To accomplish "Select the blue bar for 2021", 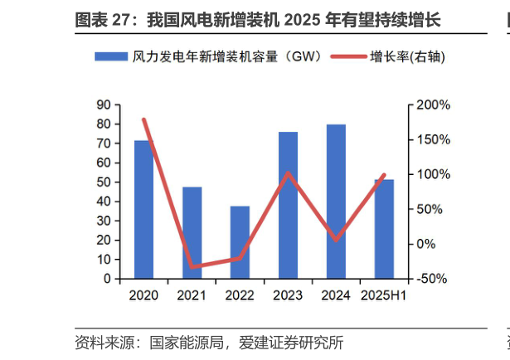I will (x=192, y=233).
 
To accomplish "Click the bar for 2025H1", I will (x=384, y=229).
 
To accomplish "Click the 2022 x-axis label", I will (x=240, y=295).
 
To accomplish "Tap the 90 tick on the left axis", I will (x=104, y=105).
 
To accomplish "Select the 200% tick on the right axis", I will (x=434, y=105).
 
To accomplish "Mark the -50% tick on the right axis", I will (x=434, y=279).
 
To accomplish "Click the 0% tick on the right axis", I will (x=427, y=244).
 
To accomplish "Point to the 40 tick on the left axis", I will (x=104, y=202).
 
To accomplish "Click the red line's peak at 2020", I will (x=144, y=119).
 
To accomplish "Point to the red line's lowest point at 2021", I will (x=192, y=267).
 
